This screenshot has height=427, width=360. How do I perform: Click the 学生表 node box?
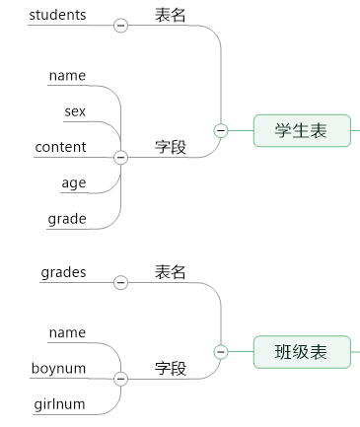[x=302, y=130]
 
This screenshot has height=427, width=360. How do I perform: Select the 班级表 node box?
[x=302, y=352]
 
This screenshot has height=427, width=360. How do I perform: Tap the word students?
[x=57, y=15]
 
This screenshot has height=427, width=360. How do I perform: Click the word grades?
[x=63, y=272]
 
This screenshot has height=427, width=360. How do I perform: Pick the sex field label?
[x=75, y=111]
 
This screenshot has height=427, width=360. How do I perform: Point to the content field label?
[x=60, y=147]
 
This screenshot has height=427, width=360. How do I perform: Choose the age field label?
[x=74, y=182]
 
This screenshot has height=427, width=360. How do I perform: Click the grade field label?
[x=67, y=218]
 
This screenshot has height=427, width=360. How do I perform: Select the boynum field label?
[x=58, y=368]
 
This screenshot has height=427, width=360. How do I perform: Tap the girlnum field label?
[x=59, y=403]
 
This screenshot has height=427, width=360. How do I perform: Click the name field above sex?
[x=67, y=76]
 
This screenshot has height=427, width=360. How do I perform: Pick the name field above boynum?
[x=67, y=332]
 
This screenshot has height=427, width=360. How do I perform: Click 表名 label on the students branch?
[x=170, y=15]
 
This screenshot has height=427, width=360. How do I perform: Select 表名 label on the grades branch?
[x=170, y=272]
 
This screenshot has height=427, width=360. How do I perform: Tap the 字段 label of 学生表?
[x=170, y=147]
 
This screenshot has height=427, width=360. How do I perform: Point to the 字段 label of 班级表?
[x=170, y=368]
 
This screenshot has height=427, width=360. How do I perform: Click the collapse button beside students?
[x=121, y=26]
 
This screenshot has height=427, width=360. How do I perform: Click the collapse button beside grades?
[x=121, y=283]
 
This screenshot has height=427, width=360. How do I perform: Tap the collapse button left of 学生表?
[x=221, y=130]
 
